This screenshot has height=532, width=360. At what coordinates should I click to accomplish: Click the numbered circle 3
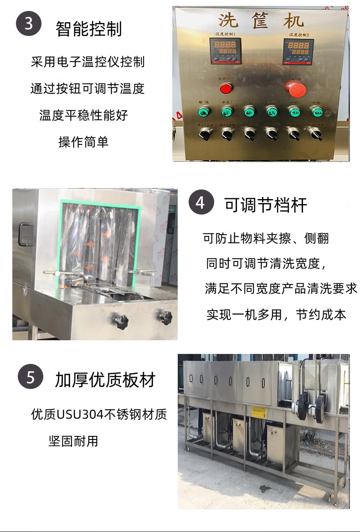[29, 23]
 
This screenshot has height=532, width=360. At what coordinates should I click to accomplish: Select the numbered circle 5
[30, 378]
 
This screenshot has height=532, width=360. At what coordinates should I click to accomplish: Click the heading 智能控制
[88, 29]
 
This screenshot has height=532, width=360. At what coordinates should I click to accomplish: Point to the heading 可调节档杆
[266, 205]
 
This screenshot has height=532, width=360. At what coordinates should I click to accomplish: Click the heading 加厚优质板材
[105, 379]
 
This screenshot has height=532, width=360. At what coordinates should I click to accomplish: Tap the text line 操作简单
[83, 142]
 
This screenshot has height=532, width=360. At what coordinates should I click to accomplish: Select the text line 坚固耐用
[73, 441]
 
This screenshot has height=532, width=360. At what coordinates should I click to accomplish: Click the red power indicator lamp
[226, 87]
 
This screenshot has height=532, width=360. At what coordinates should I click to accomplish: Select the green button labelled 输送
[204, 111]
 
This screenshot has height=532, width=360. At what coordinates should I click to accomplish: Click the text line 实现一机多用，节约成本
[276, 314]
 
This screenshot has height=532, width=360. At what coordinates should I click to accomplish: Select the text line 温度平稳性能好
[83, 115]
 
